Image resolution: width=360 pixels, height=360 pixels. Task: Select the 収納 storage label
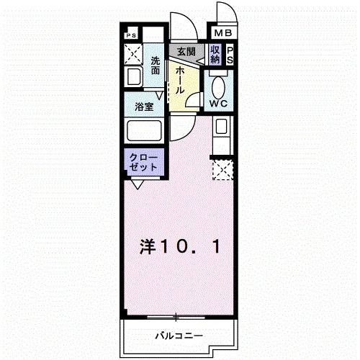coord(215,55)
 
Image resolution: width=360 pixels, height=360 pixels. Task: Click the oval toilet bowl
coord(218,85)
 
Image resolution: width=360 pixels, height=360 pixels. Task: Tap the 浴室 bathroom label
coord(143,107)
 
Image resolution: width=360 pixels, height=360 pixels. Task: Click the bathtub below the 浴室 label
coord(145,131)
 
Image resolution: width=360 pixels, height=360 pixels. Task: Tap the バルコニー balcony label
coord(178,336)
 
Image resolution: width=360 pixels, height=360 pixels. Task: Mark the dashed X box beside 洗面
coord(132,54)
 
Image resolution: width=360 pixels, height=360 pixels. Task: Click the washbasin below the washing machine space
coord(133,78)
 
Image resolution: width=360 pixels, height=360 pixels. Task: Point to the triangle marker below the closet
coord(137,184)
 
